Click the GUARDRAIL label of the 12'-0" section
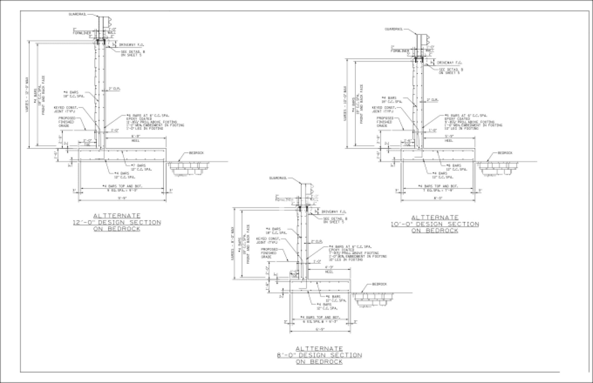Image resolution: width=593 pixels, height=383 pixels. [x=77, y=14]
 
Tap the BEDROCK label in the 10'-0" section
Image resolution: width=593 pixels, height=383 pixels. [x=505, y=153]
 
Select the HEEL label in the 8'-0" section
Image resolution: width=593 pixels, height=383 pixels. [x=329, y=272]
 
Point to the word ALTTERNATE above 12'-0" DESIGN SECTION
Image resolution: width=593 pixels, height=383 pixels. [x=117, y=216]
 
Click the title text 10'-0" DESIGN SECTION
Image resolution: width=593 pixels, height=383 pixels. [x=435, y=224]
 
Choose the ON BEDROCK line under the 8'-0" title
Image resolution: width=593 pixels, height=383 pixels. [x=319, y=362]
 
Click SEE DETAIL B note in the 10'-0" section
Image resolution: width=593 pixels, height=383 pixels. [x=451, y=71]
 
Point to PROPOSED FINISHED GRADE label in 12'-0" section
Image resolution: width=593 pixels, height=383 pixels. [x=66, y=122]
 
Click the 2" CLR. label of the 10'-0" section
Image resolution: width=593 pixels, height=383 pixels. [x=432, y=100]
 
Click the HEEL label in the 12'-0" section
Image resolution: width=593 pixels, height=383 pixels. [x=136, y=141]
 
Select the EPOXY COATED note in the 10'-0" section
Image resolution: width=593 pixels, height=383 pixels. [x=453, y=119]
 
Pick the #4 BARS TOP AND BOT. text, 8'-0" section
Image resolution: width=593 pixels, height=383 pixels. [x=320, y=317]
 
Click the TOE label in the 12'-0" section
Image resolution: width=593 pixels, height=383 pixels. [x=87, y=144]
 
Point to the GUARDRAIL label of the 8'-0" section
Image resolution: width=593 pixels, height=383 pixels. [x=278, y=178]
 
